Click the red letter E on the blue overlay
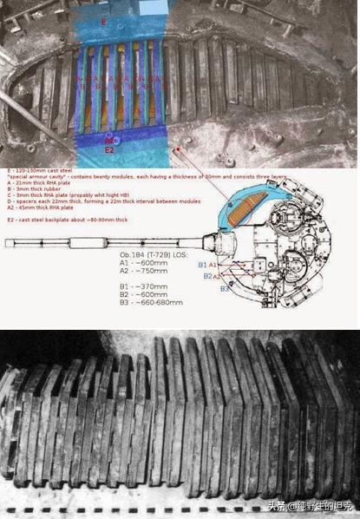point(104,20)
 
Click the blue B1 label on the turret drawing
point(202,264)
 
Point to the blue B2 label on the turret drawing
point(207,276)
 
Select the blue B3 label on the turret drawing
point(223,288)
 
